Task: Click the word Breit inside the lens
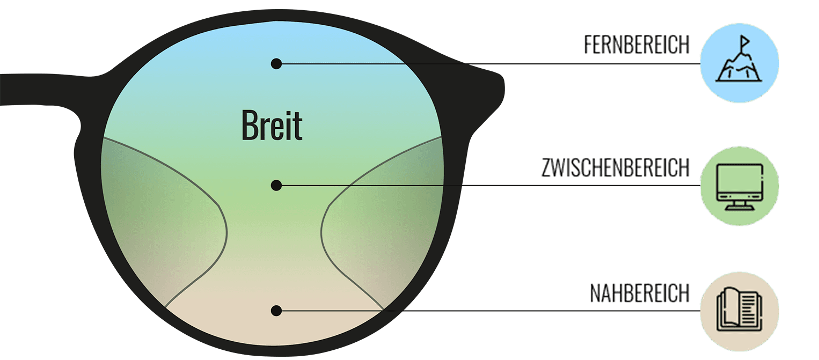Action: click(272, 126)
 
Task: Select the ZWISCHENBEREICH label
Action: click(615, 168)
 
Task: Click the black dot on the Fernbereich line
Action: click(276, 64)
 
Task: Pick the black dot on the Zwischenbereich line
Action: click(276, 186)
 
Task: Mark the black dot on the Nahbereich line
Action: click(276, 311)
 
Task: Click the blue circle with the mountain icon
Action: click(740, 63)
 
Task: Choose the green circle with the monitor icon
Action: click(740, 186)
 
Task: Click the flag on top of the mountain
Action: click(744, 41)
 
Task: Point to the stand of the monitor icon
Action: click(740, 205)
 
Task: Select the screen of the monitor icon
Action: click(740, 181)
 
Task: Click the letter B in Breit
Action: click(248, 126)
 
